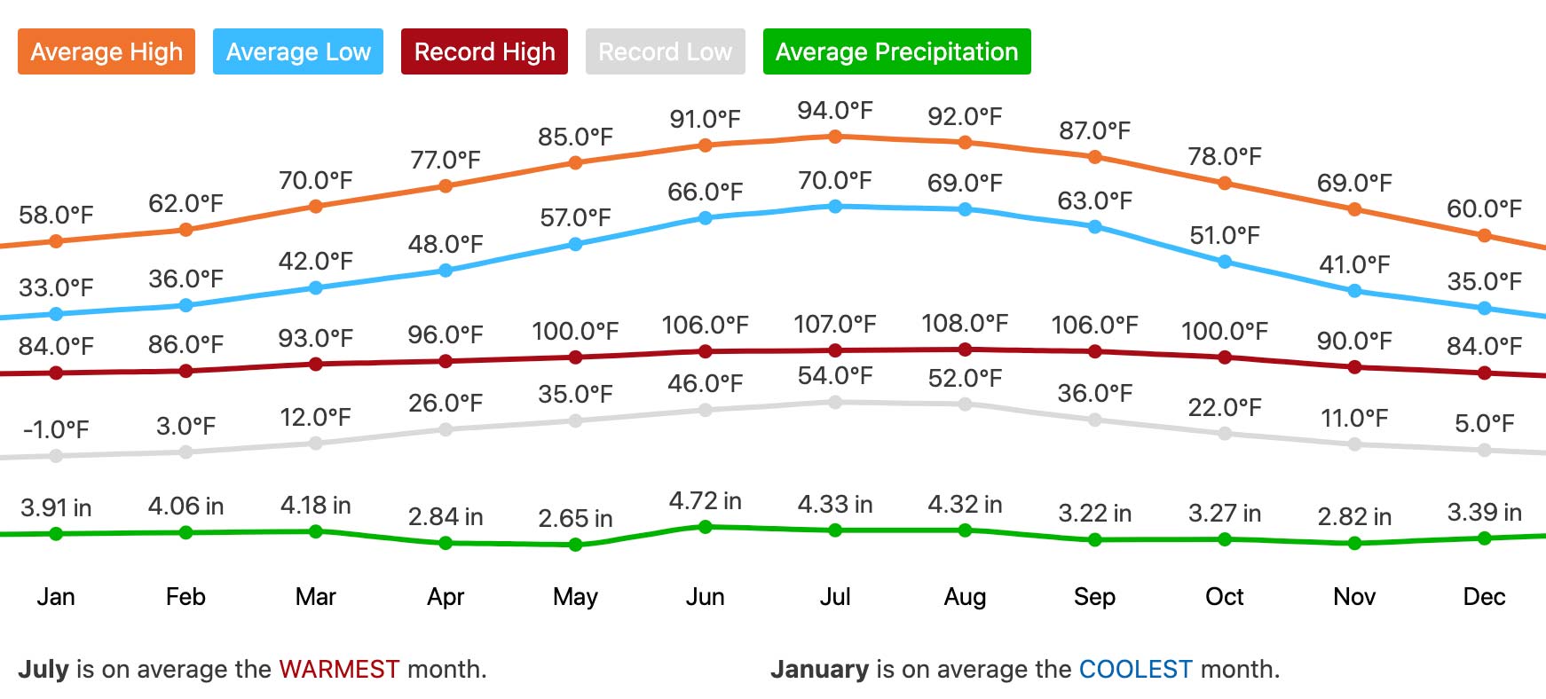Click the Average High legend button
106,51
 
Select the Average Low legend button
298,51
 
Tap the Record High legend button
485,51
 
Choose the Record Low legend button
665,51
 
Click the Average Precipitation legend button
896,51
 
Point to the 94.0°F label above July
834,111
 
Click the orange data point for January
56,241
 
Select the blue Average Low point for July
835,207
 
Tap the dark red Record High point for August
965,349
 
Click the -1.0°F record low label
56,430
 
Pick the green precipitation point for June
706,527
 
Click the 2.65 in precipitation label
575,518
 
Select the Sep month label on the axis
1094,597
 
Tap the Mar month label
315,597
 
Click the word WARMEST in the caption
339,669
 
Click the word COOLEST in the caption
1135,669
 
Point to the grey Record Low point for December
1485,450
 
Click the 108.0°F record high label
965,324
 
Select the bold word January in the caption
819,669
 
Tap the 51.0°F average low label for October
1224,236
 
